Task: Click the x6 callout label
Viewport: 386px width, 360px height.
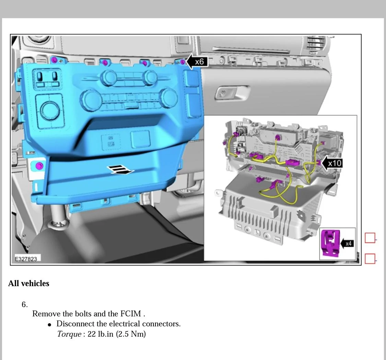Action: pos(199,61)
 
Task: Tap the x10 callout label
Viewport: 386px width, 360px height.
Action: pos(335,163)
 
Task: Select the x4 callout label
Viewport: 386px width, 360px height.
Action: pos(348,244)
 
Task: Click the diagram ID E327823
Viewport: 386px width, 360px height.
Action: pos(26,259)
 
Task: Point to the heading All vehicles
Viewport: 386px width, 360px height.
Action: pos(29,283)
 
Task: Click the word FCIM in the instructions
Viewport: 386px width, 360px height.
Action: pos(130,314)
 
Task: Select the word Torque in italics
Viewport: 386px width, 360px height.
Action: pos(69,334)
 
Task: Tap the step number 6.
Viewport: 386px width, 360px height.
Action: pos(25,305)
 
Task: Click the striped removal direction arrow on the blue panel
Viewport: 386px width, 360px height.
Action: pos(120,170)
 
